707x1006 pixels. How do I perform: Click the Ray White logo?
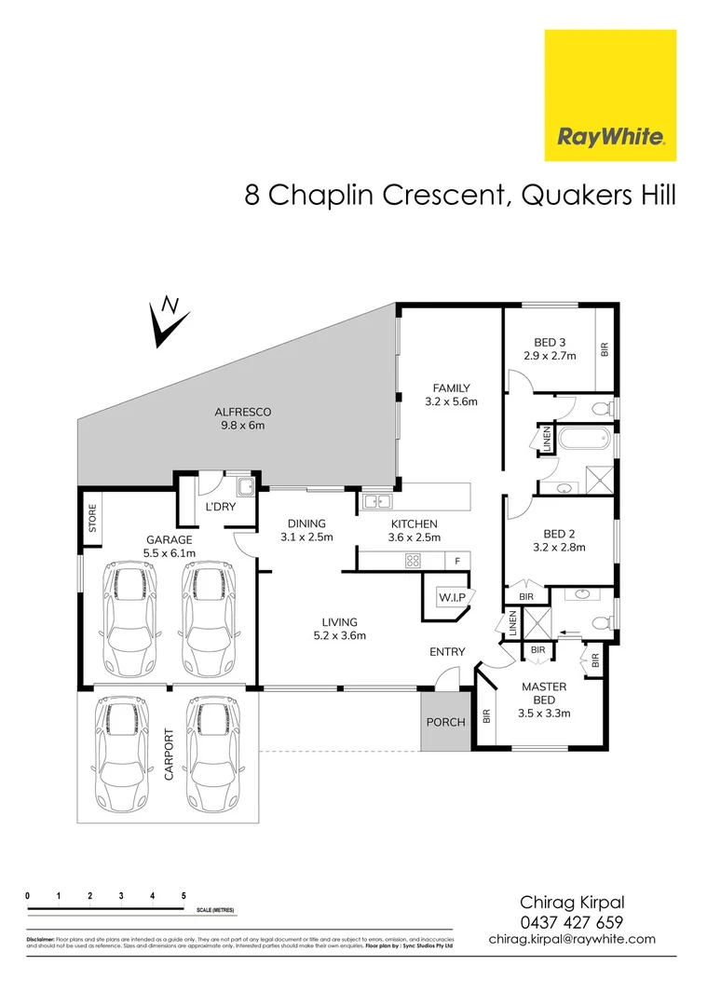610,95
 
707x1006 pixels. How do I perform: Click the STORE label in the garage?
92,518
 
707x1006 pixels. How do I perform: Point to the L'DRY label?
220,507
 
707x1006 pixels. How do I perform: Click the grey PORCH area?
445,721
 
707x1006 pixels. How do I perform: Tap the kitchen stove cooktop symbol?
411,560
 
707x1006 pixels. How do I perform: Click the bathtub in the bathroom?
584,437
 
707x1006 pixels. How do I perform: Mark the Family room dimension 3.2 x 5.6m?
451,401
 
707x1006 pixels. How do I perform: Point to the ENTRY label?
446,652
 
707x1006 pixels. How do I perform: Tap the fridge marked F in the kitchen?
456,561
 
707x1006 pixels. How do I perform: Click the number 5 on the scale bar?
184,895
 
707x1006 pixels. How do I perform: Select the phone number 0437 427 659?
571,922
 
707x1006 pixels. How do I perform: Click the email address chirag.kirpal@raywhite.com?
572,940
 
